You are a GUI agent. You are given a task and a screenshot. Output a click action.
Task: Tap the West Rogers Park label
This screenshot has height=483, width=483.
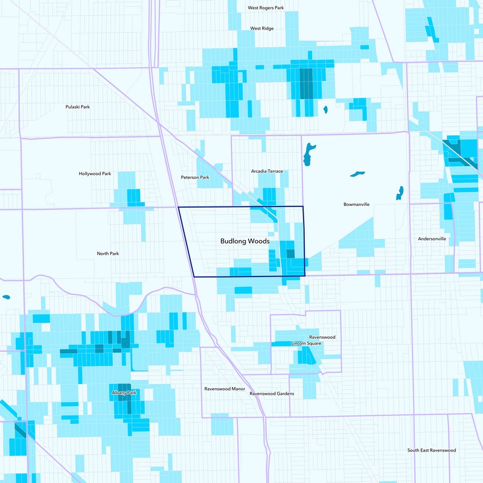click(x=266, y=8)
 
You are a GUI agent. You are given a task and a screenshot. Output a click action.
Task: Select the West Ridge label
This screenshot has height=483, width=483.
click(x=262, y=28)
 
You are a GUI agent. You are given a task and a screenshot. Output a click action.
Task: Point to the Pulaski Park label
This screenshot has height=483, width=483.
click(x=77, y=107)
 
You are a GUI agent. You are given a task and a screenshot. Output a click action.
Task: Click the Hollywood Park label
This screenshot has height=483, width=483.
click(x=95, y=174)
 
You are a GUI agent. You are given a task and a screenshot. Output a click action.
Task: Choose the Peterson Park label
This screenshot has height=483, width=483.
click(x=195, y=178)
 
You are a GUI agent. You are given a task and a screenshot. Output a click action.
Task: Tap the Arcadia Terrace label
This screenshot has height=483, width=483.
click(x=267, y=171)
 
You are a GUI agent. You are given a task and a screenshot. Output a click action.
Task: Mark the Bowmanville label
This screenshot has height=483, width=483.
click(x=356, y=204)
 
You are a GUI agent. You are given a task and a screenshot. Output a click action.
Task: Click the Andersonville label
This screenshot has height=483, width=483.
click(x=432, y=239)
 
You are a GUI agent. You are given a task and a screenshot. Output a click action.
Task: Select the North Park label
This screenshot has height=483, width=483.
click(x=107, y=254)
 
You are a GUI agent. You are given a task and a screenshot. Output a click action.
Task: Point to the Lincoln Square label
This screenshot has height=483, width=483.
click(x=306, y=343)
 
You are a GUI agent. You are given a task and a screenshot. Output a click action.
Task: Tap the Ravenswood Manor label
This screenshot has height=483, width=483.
click(x=225, y=389)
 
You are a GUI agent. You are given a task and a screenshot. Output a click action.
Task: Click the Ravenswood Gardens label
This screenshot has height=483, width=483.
click(x=272, y=394)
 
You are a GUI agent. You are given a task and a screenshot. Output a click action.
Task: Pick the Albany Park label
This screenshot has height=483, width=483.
click(x=124, y=393)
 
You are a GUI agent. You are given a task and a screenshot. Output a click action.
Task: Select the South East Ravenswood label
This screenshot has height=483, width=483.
click(x=431, y=450)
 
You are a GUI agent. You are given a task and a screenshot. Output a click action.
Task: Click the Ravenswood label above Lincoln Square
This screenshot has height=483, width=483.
click(x=322, y=337)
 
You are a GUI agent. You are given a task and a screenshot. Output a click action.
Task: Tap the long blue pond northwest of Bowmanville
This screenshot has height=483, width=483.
click(x=309, y=155)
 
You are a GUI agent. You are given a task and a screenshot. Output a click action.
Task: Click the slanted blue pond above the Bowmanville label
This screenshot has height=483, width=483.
click(x=357, y=174)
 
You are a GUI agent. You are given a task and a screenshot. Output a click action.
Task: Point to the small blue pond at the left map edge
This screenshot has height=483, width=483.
click(x=6, y=297)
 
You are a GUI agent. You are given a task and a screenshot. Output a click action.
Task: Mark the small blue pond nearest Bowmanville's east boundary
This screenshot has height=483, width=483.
click(x=400, y=192)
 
